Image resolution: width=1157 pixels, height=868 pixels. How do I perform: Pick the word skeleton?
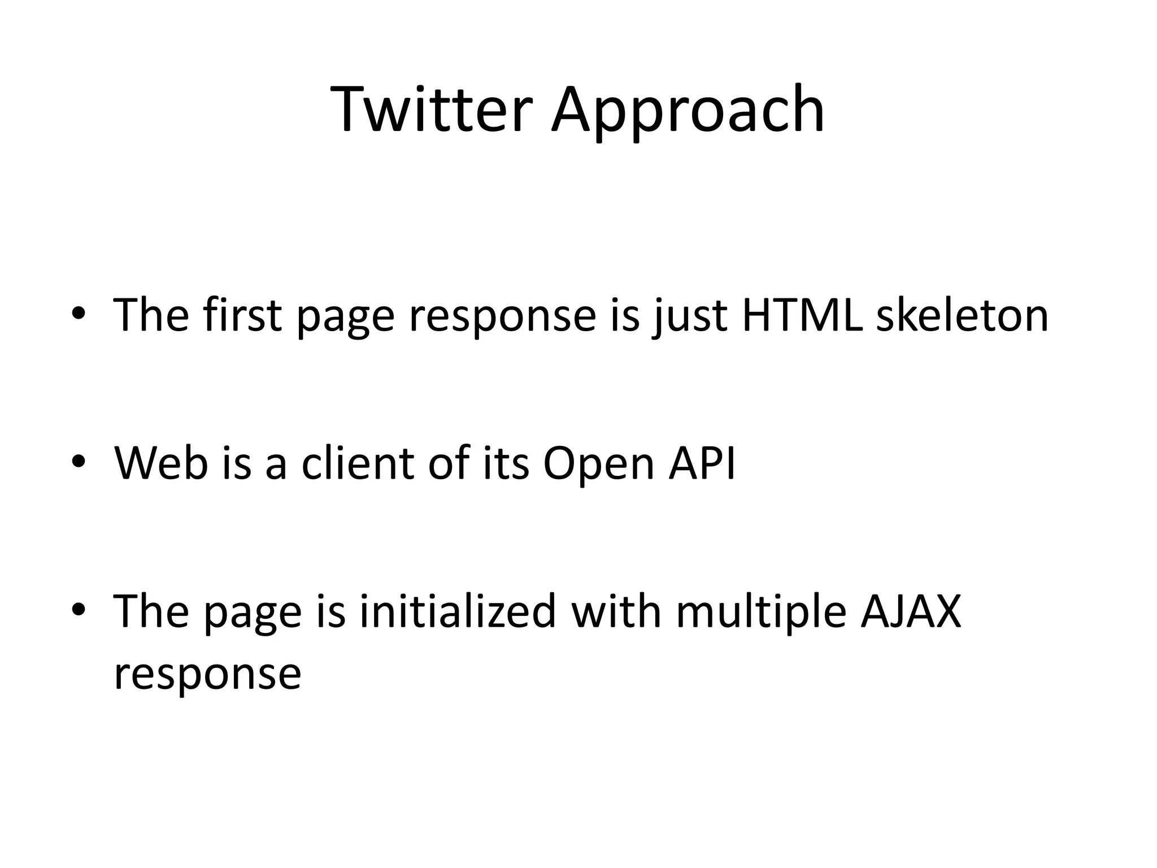tap(962, 314)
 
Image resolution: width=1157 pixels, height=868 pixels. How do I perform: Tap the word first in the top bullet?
tap(242, 314)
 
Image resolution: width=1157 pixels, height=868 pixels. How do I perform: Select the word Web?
tap(161, 463)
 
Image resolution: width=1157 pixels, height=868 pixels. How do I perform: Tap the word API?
tap(702, 463)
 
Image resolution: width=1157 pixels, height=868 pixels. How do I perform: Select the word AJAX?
tap(911, 611)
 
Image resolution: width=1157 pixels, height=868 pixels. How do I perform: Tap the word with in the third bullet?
tap(616, 611)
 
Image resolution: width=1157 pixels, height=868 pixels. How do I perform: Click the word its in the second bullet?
tap(506, 463)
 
